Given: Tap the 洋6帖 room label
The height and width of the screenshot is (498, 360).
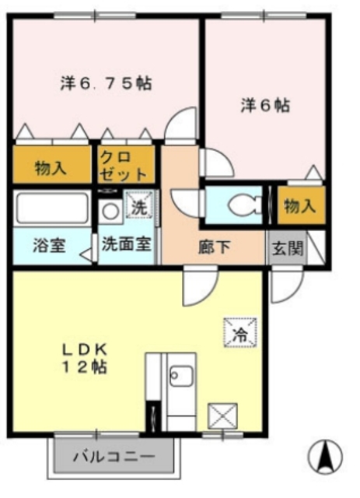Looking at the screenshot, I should (264, 105).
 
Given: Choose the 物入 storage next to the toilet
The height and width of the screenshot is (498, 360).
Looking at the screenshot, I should (299, 206).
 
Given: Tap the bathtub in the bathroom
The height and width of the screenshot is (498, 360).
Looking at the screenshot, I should (51, 208).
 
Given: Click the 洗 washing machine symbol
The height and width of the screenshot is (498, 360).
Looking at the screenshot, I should (138, 208).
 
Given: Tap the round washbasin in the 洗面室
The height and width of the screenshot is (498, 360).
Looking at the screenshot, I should (110, 210).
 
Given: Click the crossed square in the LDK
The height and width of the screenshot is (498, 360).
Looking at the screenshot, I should (222, 415).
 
